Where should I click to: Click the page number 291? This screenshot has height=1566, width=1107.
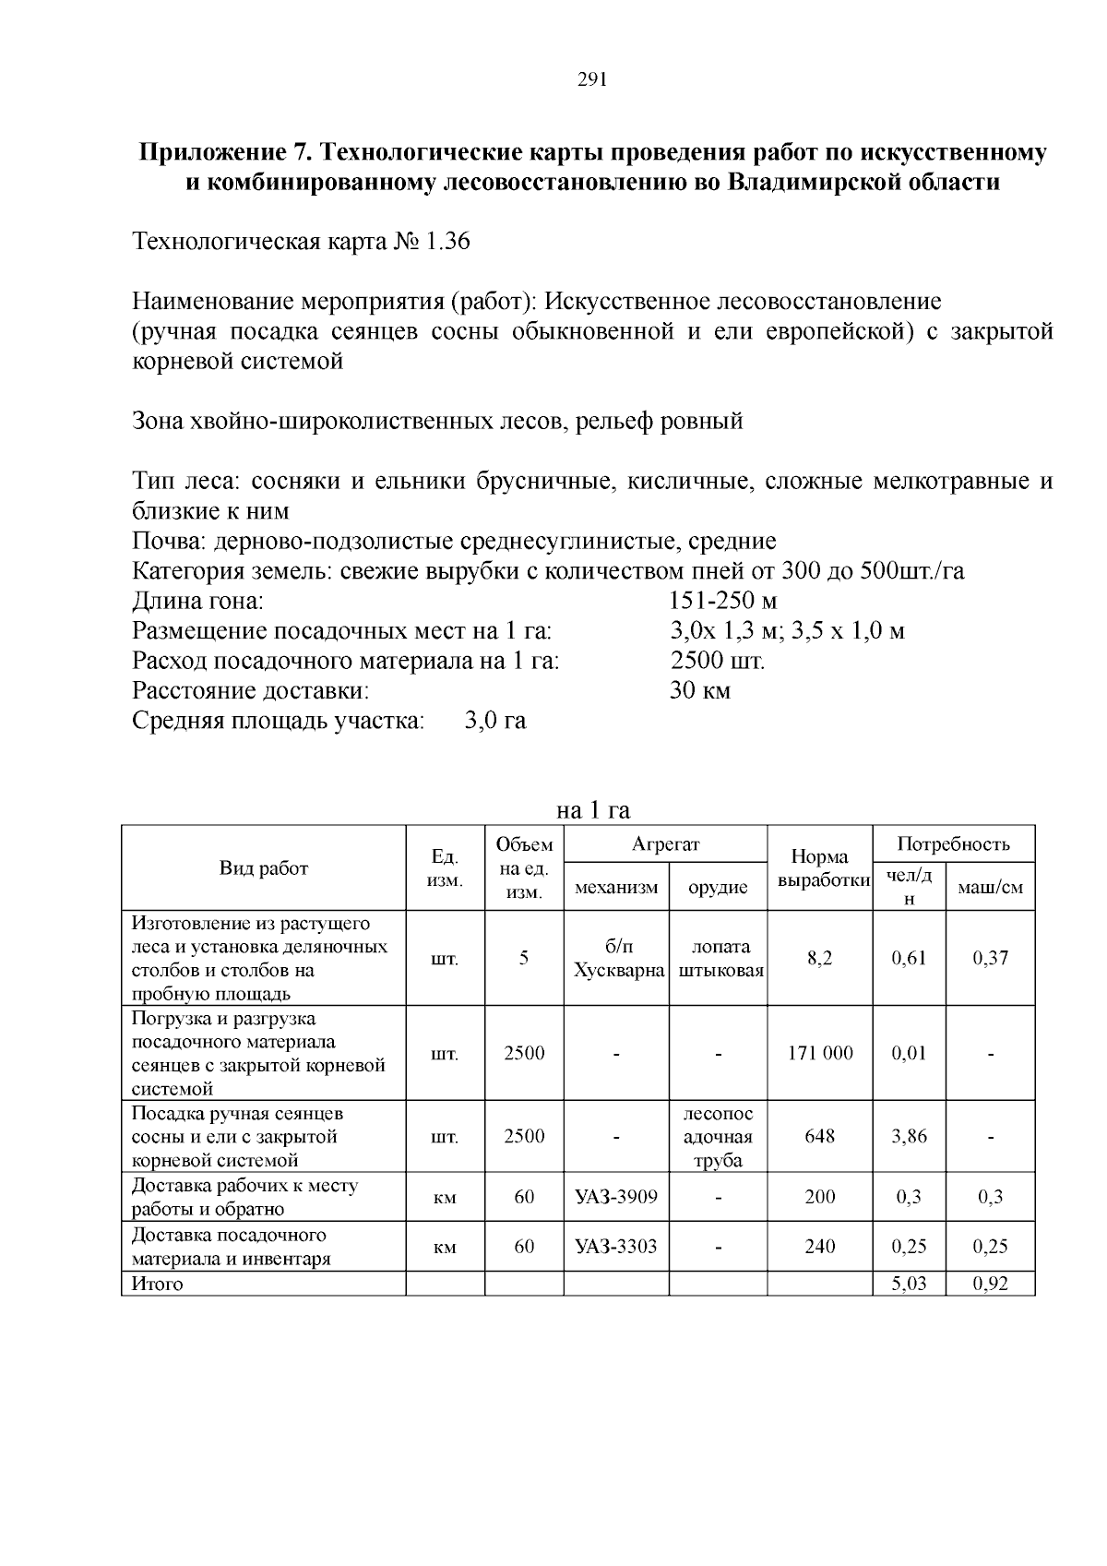pos(591,79)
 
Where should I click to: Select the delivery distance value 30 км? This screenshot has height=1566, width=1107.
pos(699,690)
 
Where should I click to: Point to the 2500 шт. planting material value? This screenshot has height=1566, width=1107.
pos(717,661)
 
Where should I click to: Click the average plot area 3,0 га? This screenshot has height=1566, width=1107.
pos(495,721)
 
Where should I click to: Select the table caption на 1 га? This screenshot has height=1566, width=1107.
pos(593,810)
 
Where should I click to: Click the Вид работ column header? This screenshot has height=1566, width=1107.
pos(264,867)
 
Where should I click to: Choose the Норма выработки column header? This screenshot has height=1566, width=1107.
pos(819,868)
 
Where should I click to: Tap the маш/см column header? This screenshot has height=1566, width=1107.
pos(990,887)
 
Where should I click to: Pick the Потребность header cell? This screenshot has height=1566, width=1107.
pos(953,843)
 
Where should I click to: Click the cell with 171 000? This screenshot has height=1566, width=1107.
pos(819,1053)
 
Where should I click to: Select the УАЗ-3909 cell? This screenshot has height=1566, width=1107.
pos(616,1197)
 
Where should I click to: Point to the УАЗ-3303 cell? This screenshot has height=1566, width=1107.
pos(616,1247)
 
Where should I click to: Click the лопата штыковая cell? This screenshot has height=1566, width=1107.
pos(719,958)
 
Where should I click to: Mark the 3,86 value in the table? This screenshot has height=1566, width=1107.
pos(909,1136)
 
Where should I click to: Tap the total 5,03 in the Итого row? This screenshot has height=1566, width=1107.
pos(909,1284)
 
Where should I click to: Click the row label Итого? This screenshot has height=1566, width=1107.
pos(158,1284)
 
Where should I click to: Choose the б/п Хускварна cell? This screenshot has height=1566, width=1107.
pos(616,958)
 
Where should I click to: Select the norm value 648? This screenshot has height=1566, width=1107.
pos(819,1136)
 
